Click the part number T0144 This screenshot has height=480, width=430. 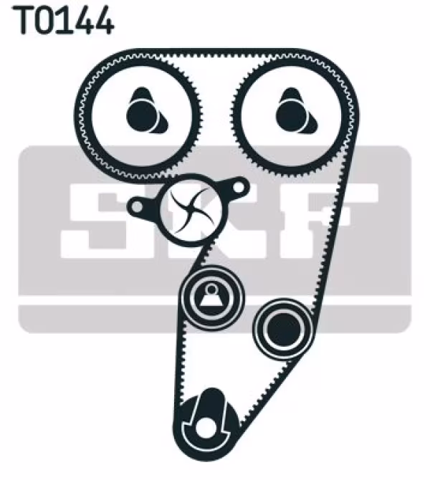[64, 21]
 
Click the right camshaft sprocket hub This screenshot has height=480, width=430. [292, 111]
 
